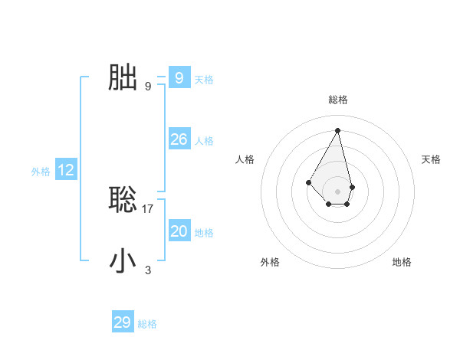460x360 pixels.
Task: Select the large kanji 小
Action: pos(123,260)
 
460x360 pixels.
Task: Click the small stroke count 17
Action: pos(148,208)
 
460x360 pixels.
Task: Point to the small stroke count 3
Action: pos(148,270)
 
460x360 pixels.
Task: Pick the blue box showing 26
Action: pos(179,139)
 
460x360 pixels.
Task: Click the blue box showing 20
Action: pos(179,231)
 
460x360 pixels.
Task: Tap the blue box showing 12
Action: pos(66,170)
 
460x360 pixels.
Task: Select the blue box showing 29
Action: pos(122,322)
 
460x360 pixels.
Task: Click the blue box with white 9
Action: pos(179,77)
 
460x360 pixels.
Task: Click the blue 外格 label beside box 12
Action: pos(41,172)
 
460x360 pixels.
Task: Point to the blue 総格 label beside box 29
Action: pos(147,324)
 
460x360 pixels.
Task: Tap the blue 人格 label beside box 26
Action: pos(204,141)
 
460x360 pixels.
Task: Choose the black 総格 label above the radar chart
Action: pos(337,100)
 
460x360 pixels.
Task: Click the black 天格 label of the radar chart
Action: pos(432,159)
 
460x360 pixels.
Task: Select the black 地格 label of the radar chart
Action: pos(402,262)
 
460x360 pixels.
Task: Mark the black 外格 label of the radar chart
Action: pos(270,262)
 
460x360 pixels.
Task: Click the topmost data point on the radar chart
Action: pos(337,129)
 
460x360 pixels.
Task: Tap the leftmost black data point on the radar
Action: pos(308,182)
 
